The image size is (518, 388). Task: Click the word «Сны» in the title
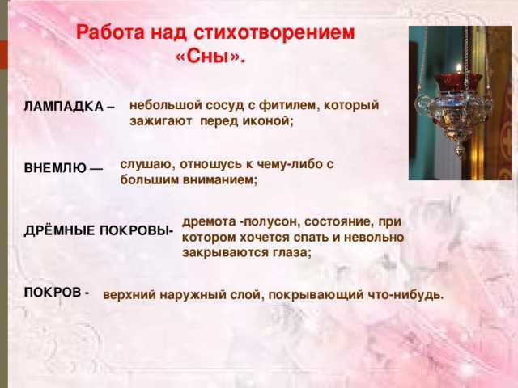click(x=210, y=57)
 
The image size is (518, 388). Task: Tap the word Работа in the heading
click(x=110, y=32)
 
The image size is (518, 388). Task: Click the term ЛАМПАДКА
click(x=64, y=107)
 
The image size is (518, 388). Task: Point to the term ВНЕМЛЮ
click(x=55, y=168)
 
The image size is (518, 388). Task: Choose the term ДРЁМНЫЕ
click(x=59, y=230)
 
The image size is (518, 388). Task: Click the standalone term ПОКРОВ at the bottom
click(x=53, y=293)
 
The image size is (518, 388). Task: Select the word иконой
click(x=268, y=121)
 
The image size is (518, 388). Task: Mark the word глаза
click(x=292, y=253)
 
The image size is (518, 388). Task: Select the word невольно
click(x=374, y=237)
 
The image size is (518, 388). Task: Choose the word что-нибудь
click(x=406, y=294)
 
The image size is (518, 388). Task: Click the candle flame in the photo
click(x=458, y=68)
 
